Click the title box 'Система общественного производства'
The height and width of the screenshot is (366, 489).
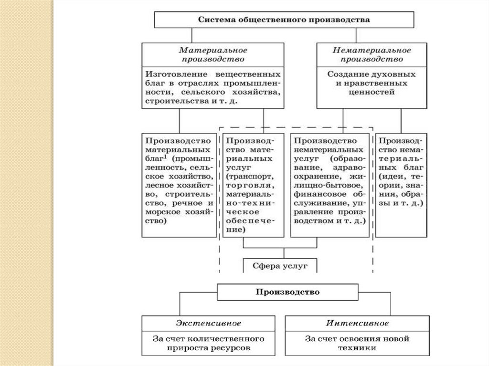[x=284, y=21]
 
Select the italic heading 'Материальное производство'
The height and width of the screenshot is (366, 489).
[x=213, y=55]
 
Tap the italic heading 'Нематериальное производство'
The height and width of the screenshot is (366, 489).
[x=372, y=55]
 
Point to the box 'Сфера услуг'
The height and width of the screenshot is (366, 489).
[x=280, y=266]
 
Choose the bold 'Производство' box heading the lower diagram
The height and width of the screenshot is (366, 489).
[x=287, y=292]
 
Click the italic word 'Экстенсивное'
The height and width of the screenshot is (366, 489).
[x=209, y=323]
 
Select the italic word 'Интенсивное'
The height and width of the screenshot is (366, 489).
[x=357, y=323]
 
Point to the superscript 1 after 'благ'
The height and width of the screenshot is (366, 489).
[x=164, y=157]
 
